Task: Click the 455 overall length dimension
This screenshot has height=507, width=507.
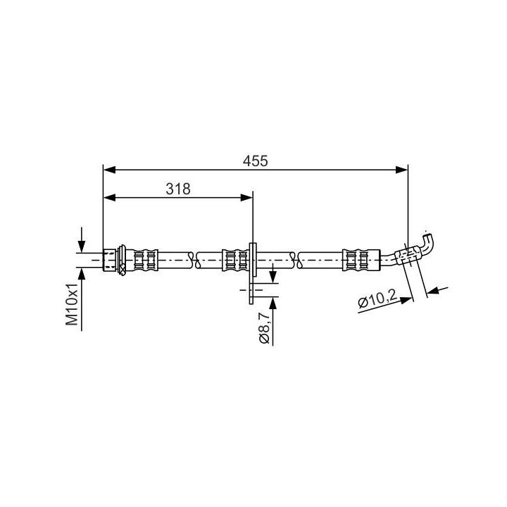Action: pos(256,161)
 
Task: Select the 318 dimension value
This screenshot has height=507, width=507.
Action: pos(178,189)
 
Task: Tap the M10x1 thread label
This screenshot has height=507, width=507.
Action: pos(72,304)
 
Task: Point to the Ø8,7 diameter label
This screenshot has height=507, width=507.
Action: pos(264,330)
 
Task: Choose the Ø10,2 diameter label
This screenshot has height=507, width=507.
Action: pos(377,300)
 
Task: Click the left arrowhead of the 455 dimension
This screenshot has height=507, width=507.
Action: pos(109,170)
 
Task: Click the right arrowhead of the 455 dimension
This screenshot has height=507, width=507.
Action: pos(401,170)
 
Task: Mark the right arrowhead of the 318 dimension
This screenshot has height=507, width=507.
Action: pos(246,197)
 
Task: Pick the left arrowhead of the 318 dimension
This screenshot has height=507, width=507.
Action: pos(109,197)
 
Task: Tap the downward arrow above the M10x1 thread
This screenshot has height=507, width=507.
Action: pos(82,240)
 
